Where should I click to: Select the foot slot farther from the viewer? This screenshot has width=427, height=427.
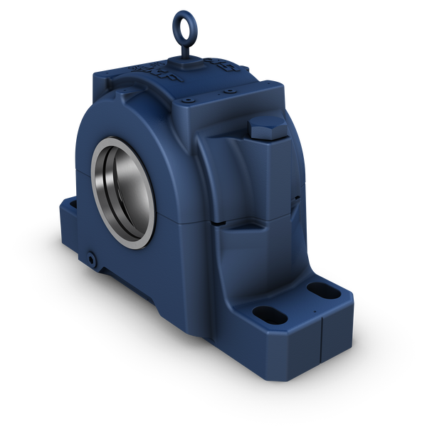pyautogui.click(x=316, y=290)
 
